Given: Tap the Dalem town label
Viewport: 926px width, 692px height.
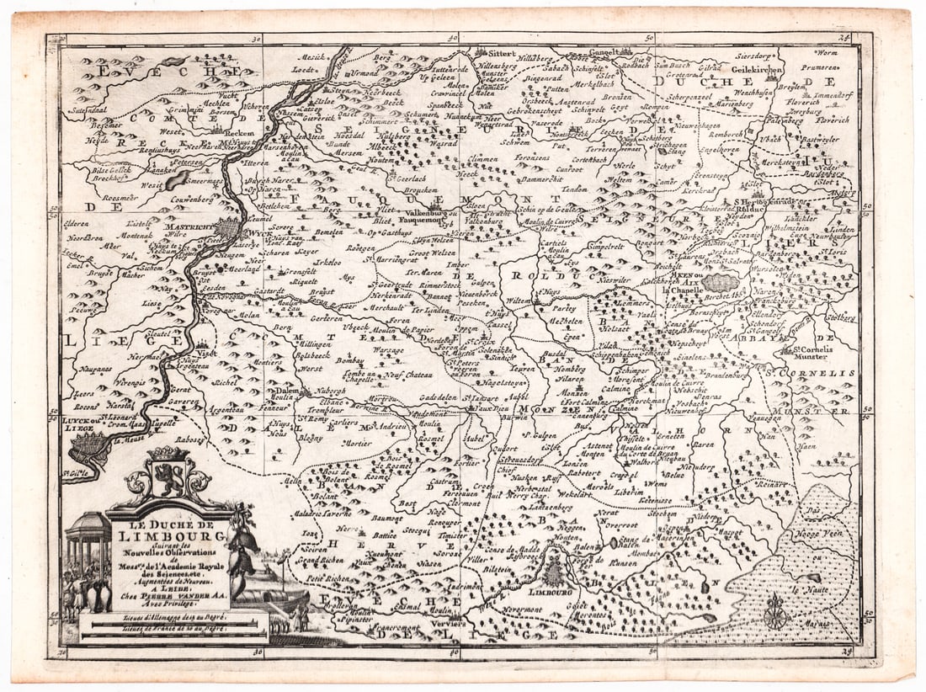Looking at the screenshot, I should [x=282, y=391].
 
